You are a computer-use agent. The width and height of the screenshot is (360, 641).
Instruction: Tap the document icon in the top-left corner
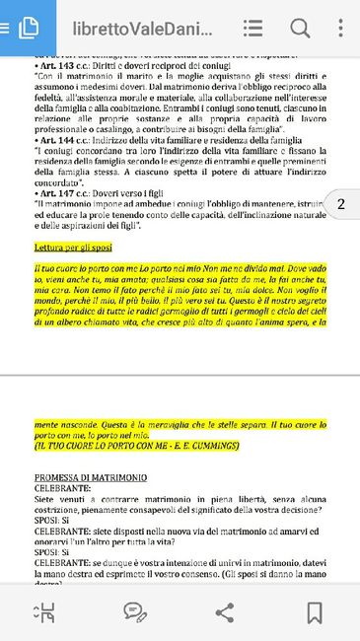pos(28,28)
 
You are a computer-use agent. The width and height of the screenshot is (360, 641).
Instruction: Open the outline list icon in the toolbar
pos(252,28)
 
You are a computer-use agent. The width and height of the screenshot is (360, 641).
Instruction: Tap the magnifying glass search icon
pos(299,28)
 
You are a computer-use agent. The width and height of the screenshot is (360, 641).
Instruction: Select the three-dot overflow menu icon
pos(340,28)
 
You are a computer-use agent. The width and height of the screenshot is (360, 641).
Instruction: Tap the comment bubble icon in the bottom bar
pos(135,611)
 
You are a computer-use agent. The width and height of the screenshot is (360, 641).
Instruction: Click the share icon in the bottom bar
pos(225,611)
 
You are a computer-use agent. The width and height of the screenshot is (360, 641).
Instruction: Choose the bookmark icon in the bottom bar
pos(315,611)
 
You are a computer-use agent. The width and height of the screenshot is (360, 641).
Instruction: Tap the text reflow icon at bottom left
pos(45,611)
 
